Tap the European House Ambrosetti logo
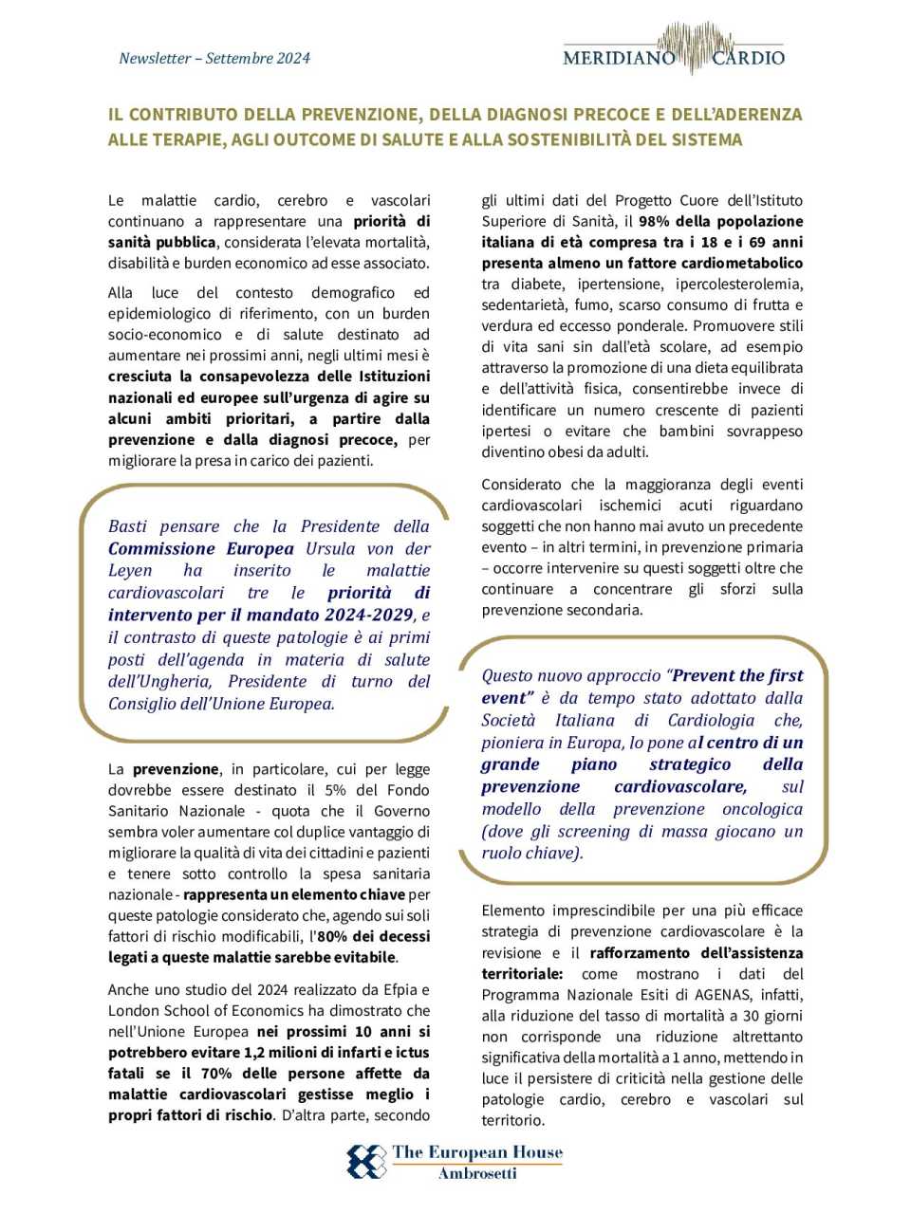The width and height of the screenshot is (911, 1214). [455, 1161]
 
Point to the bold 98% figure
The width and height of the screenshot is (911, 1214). [655, 221]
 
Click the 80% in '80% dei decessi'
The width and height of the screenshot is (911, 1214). [333, 936]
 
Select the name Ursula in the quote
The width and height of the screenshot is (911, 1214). [332, 548]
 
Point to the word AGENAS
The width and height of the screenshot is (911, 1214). [725, 995]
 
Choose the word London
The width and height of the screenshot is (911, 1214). [133, 1010]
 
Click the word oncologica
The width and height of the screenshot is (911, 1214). [762, 809]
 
